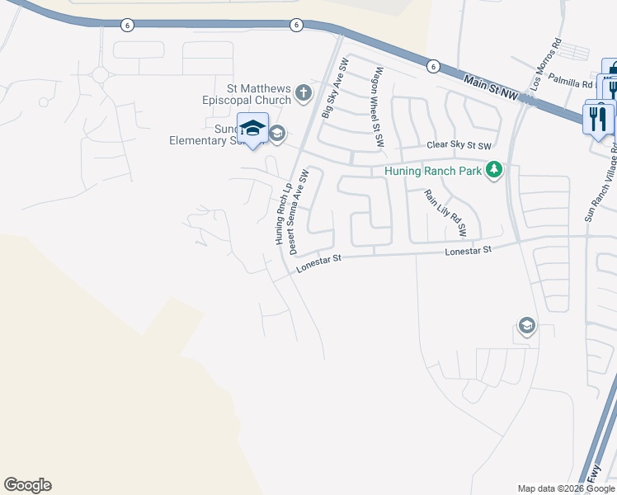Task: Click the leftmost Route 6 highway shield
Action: pyautogui.click(x=126, y=26)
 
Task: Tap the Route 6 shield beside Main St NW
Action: pyautogui.click(x=433, y=66)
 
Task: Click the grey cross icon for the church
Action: pyautogui.click(x=304, y=92)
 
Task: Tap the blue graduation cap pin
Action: pyautogui.click(x=252, y=129)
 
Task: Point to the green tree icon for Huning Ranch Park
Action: pyautogui.click(x=493, y=170)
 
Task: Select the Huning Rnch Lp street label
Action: pyautogui.click(x=283, y=214)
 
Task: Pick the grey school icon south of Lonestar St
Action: pyautogui.click(x=526, y=327)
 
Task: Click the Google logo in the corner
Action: pyautogui.click(x=27, y=485)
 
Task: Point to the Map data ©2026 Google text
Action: pyautogui.click(x=566, y=488)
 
